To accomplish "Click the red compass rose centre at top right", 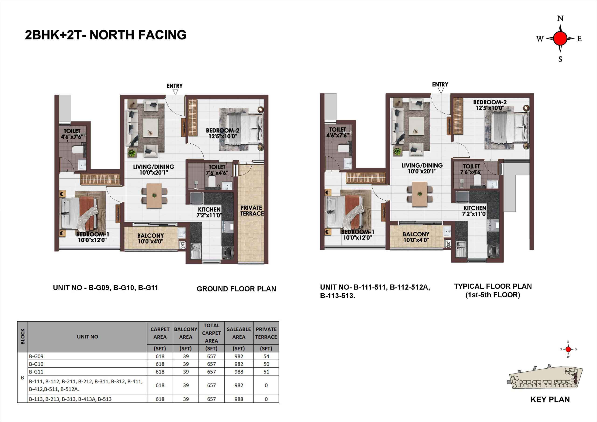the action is pos(560,38).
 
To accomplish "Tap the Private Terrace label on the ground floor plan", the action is pos(252,211).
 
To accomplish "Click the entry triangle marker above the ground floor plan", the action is pos(175,92).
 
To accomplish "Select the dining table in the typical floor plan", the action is pos(420,194).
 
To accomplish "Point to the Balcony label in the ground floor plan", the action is pos(151,238).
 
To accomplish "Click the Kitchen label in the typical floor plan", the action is pos(475,211).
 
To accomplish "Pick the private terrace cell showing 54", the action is pos(266,356).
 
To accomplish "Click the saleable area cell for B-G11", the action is pos(239,372).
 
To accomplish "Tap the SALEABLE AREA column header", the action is pos(239,333).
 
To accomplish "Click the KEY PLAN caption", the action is pos(550,399).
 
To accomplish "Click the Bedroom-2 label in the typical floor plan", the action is pos(490,105).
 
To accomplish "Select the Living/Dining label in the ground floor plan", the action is pos(154,169).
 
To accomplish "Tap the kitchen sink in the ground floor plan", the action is pos(195,250).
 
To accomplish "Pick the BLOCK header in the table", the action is pos(23,336).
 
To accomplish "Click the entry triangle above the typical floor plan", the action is pos(441,91).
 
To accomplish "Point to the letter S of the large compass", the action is pos(560,59).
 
